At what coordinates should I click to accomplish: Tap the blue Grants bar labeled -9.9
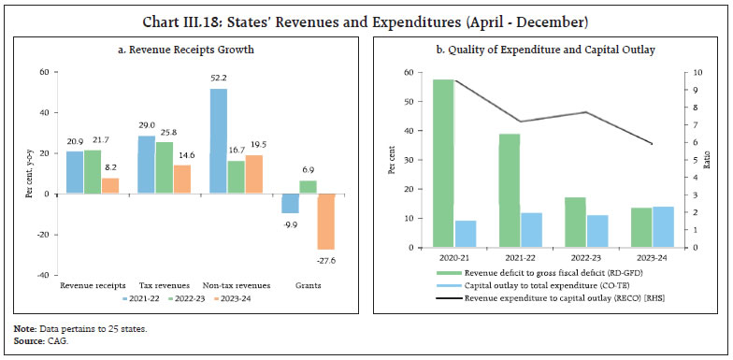290,204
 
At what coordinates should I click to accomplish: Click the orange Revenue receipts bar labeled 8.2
110,186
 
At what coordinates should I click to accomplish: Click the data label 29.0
146,125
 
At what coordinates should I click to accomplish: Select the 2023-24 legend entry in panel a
248,299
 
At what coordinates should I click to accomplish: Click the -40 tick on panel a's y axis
44,275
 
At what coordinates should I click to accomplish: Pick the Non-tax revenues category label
237,285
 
